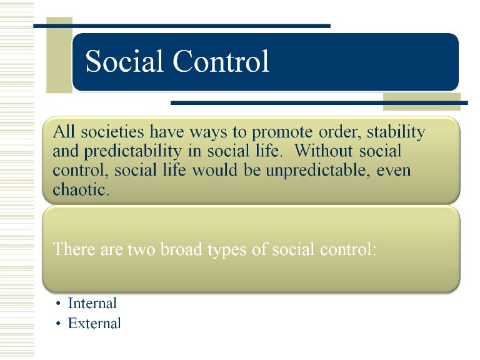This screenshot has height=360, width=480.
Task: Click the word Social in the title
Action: pos(123,62)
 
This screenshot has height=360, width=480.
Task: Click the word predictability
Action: pos(139,152)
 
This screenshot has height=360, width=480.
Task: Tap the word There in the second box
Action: pos(74,249)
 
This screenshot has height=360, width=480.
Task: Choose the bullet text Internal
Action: pos(92,304)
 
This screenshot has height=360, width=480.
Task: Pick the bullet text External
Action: pos(94,324)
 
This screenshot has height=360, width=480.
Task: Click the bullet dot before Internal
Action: pos(57,304)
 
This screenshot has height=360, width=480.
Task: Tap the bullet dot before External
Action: pos(57,324)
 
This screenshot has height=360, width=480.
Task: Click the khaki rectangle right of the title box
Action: pos(404,101)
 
